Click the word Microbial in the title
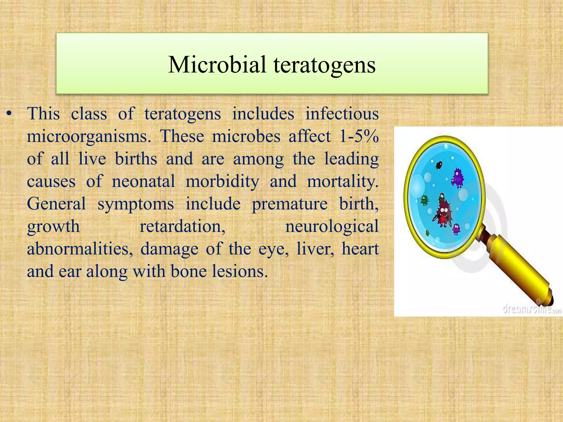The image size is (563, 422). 217,65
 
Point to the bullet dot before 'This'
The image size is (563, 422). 9,114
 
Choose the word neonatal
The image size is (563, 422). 143,181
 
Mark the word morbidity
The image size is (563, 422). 222,181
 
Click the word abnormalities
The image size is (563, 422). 80,249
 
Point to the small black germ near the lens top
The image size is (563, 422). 439,165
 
